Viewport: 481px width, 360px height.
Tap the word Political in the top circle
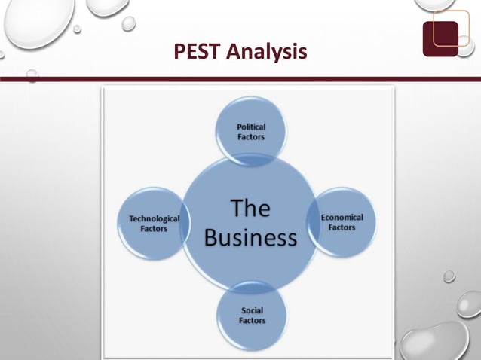click(x=251, y=127)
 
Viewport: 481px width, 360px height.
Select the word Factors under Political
click(x=251, y=137)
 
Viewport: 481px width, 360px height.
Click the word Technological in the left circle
click(x=155, y=218)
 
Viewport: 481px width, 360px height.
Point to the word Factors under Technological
click(x=155, y=228)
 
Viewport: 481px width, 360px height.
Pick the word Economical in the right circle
click(x=342, y=217)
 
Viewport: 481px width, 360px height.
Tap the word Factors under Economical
click(x=342, y=227)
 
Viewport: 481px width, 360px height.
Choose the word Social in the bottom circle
click(x=253, y=310)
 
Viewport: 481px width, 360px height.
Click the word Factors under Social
click(x=253, y=321)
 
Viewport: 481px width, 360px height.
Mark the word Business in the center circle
click(x=250, y=237)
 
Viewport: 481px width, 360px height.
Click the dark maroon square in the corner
click(x=440, y=38)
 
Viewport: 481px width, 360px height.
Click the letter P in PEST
click(x=179, y=51)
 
